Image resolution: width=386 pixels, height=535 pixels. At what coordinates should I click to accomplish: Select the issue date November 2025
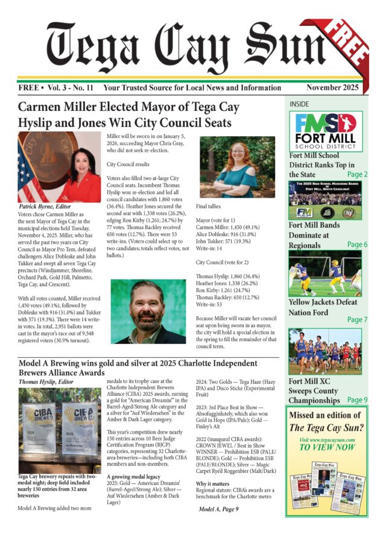(x=333, y=87)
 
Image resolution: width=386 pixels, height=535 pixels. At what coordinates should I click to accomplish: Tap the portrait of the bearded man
(x=148, y=311)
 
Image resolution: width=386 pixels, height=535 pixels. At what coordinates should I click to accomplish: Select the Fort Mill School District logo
(x=326, y=134)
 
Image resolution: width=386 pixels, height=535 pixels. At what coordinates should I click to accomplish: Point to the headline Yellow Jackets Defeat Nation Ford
(x=323, y=307)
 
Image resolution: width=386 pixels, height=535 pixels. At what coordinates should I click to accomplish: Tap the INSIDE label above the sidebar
(x=299, y=104)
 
